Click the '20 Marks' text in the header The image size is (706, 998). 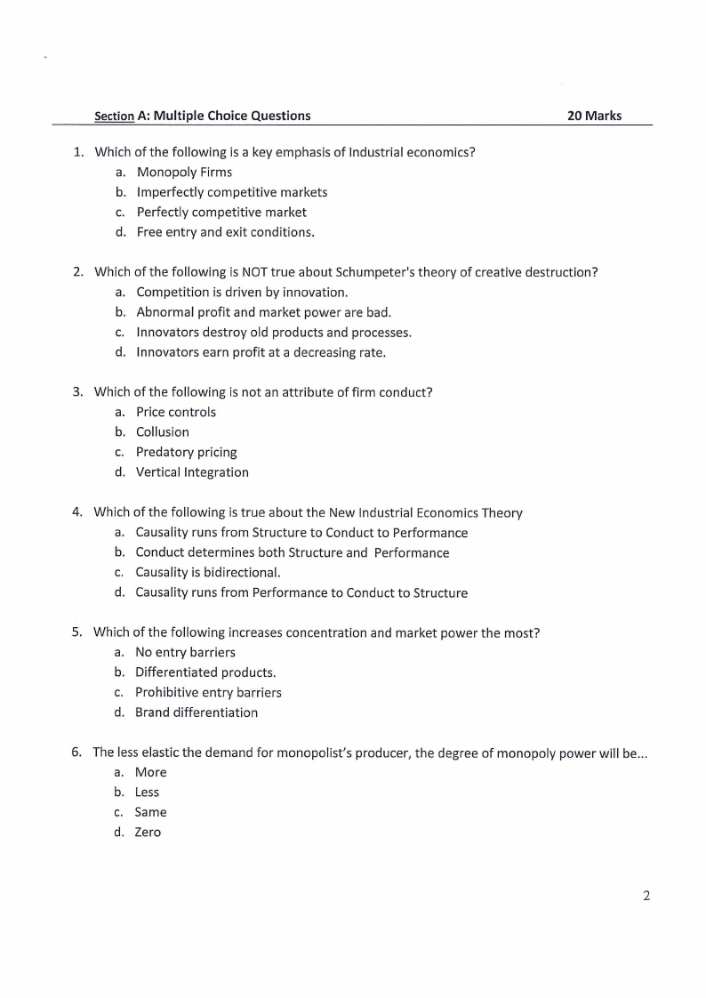pos(595,116)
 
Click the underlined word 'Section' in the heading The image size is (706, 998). pos(114,117)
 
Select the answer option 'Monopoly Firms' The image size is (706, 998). pos(184,172)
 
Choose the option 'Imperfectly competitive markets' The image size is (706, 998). pos(231,192)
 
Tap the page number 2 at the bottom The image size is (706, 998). pos(646,896)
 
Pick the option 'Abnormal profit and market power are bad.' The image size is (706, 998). pos(263,312)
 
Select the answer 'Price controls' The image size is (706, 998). pos(175,412)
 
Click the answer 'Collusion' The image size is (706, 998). pos(162,432)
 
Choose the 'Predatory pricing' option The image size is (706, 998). pos(186,452)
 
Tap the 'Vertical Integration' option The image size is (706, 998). pos(192,472)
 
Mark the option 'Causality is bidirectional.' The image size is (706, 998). pos(207,573)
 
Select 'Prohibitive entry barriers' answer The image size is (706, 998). pos(208,692)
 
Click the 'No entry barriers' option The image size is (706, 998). pos(185,652)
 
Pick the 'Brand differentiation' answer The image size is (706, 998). pos(197,712)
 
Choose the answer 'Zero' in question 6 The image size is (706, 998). pos(148,833)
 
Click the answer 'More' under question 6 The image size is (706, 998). pos(150,772)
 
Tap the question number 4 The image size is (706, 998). pos(76,512)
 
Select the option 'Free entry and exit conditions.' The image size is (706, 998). pos(225,232)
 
